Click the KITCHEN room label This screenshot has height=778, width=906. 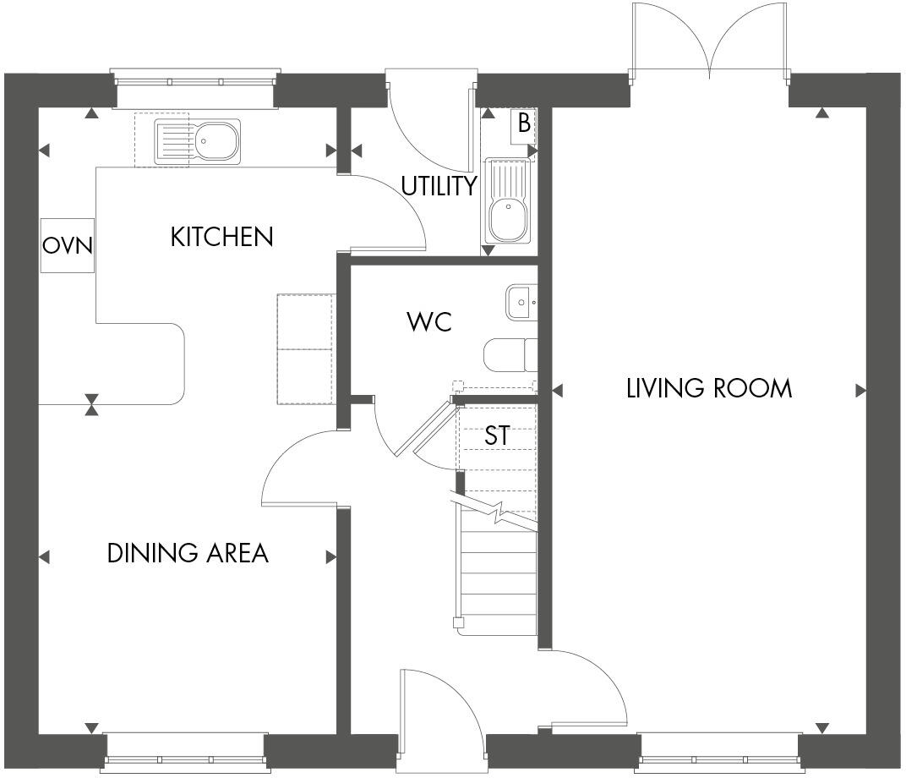[x=221, y=237]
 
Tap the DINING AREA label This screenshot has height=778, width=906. [x=187, y=553]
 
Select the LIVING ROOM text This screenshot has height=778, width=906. [x=709, y=388]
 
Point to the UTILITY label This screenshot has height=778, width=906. [x=439, y=186]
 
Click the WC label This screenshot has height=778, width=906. [x=428, y=322]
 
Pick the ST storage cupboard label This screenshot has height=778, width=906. [x=497, y=436]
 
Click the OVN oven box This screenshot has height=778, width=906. [x=68, y=246]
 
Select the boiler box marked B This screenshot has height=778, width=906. [x=523, y=123]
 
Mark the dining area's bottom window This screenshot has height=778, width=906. [x=185, y=749]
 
